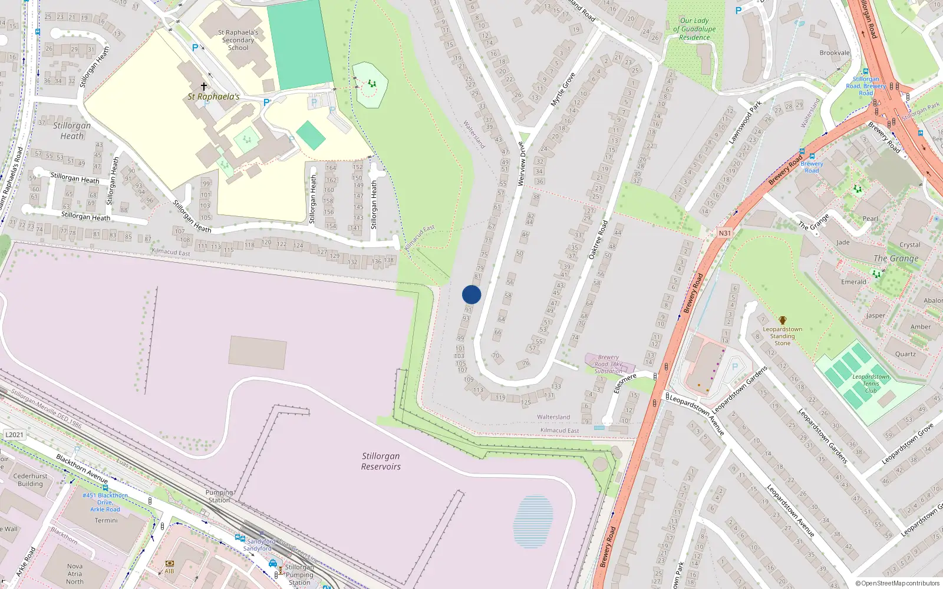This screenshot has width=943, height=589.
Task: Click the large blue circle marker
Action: (471, 294)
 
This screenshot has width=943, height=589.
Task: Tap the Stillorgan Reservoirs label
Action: (381, 461)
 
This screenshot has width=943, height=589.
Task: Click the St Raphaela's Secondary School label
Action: (238, 40)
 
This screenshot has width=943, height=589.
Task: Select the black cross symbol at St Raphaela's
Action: (204, 86)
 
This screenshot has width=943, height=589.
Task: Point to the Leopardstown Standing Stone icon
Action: (783, 320)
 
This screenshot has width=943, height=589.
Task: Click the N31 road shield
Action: (724, 233)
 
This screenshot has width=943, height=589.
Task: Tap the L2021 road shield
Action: (15, 435)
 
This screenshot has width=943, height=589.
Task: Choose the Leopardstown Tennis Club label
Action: (871, 383)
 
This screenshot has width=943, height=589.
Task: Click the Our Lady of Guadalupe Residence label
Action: (694, 29)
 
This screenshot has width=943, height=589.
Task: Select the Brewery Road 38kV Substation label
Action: (609, 364)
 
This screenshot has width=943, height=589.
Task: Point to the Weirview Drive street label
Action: (521, 164)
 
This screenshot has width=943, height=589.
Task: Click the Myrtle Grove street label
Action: (563, 90)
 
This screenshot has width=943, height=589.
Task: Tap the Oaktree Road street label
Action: (598, 240)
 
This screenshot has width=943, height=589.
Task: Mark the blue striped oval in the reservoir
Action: (533, 521)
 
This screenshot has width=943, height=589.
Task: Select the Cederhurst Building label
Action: (30, 480)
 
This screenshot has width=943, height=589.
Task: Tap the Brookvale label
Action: (835, 53)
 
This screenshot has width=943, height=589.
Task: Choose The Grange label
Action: (896, 259)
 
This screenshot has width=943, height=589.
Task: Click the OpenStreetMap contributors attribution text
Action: (897, 583)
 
